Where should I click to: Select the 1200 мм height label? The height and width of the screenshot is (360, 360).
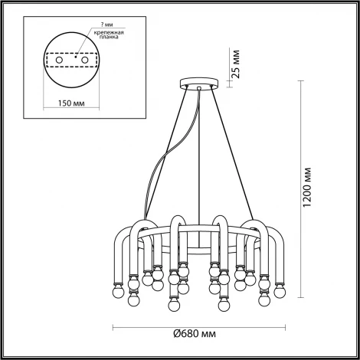[308, 188]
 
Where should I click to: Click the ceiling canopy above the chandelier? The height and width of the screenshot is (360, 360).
[199, 83]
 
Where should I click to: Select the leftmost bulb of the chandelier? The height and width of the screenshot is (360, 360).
[119, 293]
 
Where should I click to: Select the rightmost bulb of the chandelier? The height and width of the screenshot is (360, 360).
[280, 293]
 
